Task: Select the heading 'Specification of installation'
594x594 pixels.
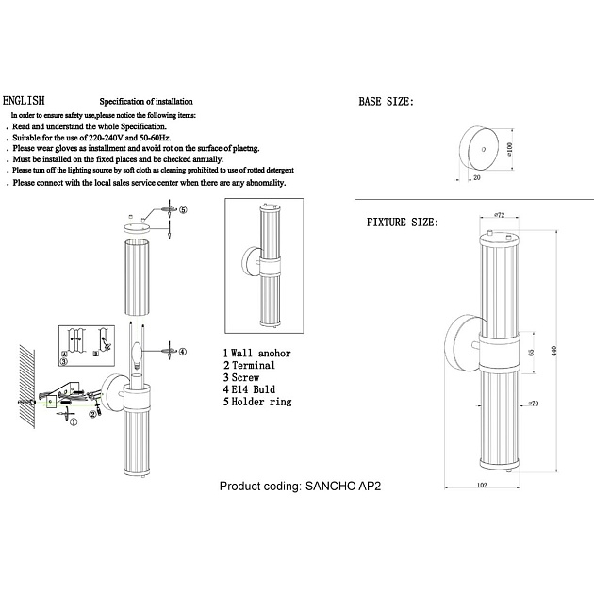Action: tap(146, 101)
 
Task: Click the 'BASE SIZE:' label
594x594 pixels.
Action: tap(387, 101)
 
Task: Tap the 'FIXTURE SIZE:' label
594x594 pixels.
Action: tap(402, 223)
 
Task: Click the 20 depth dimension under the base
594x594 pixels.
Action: tap(477, 176)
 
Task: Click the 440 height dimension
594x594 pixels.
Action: tap(555, 350)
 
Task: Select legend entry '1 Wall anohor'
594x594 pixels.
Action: tap(256, 353)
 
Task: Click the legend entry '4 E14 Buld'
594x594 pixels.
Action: tap(251, 388)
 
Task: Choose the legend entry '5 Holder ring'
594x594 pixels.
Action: tap(256, 401)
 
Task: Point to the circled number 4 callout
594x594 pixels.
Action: tap(183, 351)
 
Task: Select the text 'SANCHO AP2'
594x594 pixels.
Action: tap(345, 487)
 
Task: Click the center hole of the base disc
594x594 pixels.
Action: tap(484, 148)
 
